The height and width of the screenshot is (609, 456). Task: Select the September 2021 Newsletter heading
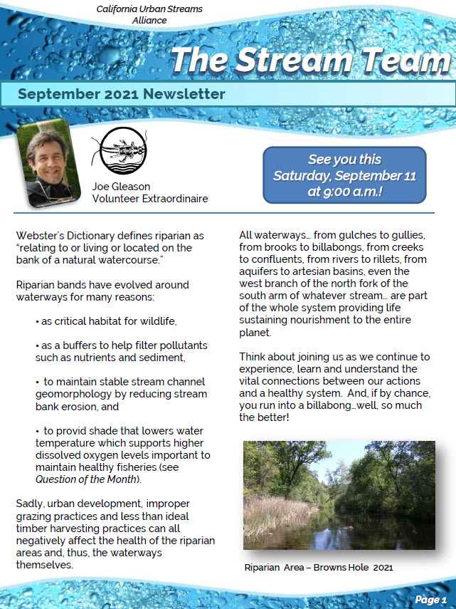[x=122, y=94]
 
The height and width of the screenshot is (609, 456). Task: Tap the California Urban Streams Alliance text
[x=149, y=14]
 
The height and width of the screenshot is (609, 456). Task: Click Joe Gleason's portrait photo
[x=44, y=162]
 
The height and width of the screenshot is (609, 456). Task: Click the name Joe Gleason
[x=121, y=187]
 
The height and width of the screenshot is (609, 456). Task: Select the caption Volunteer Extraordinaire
[x=150, y=199]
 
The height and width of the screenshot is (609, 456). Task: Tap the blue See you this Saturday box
[x=344, y=175]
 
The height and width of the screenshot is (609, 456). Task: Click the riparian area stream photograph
[x=339, y=494]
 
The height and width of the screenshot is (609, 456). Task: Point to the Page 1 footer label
[x=430, y=599]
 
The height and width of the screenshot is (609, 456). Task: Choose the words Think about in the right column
[x=268, y=356]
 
